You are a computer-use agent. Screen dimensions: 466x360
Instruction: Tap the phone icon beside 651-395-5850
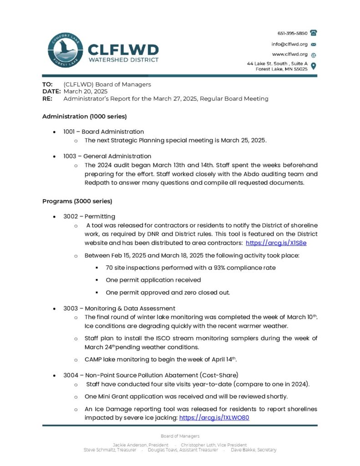point(313,33)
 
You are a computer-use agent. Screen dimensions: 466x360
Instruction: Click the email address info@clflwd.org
point(290,44)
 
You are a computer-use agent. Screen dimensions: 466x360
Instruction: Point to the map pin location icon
point(313,66)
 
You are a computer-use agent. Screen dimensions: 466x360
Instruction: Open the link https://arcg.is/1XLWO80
point(214,417)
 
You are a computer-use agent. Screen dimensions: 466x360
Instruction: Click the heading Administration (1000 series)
point(84,116)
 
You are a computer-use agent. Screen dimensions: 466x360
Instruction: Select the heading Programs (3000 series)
point(77,201)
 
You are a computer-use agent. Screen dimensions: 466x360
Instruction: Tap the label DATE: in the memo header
point(51,91)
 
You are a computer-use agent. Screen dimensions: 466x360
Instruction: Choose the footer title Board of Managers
point(180,436)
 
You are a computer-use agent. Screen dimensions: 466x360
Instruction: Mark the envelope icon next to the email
point(313,44)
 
